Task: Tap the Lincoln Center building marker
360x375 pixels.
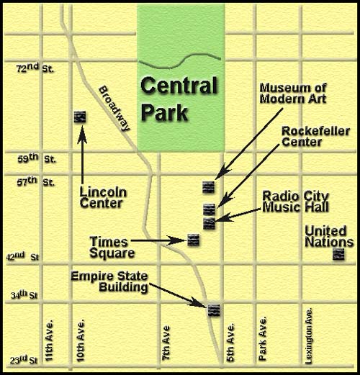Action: (x=81, y=117)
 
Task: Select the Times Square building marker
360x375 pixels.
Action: (x=192, y=240)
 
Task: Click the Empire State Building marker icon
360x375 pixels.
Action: (x=213, y=310)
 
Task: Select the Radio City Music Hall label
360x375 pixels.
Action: (x=295, y=201)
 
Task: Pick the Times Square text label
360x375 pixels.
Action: (x=112, y=247)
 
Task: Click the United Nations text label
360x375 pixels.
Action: (x=330, y=235)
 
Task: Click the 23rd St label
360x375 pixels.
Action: (x=32, y=358)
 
